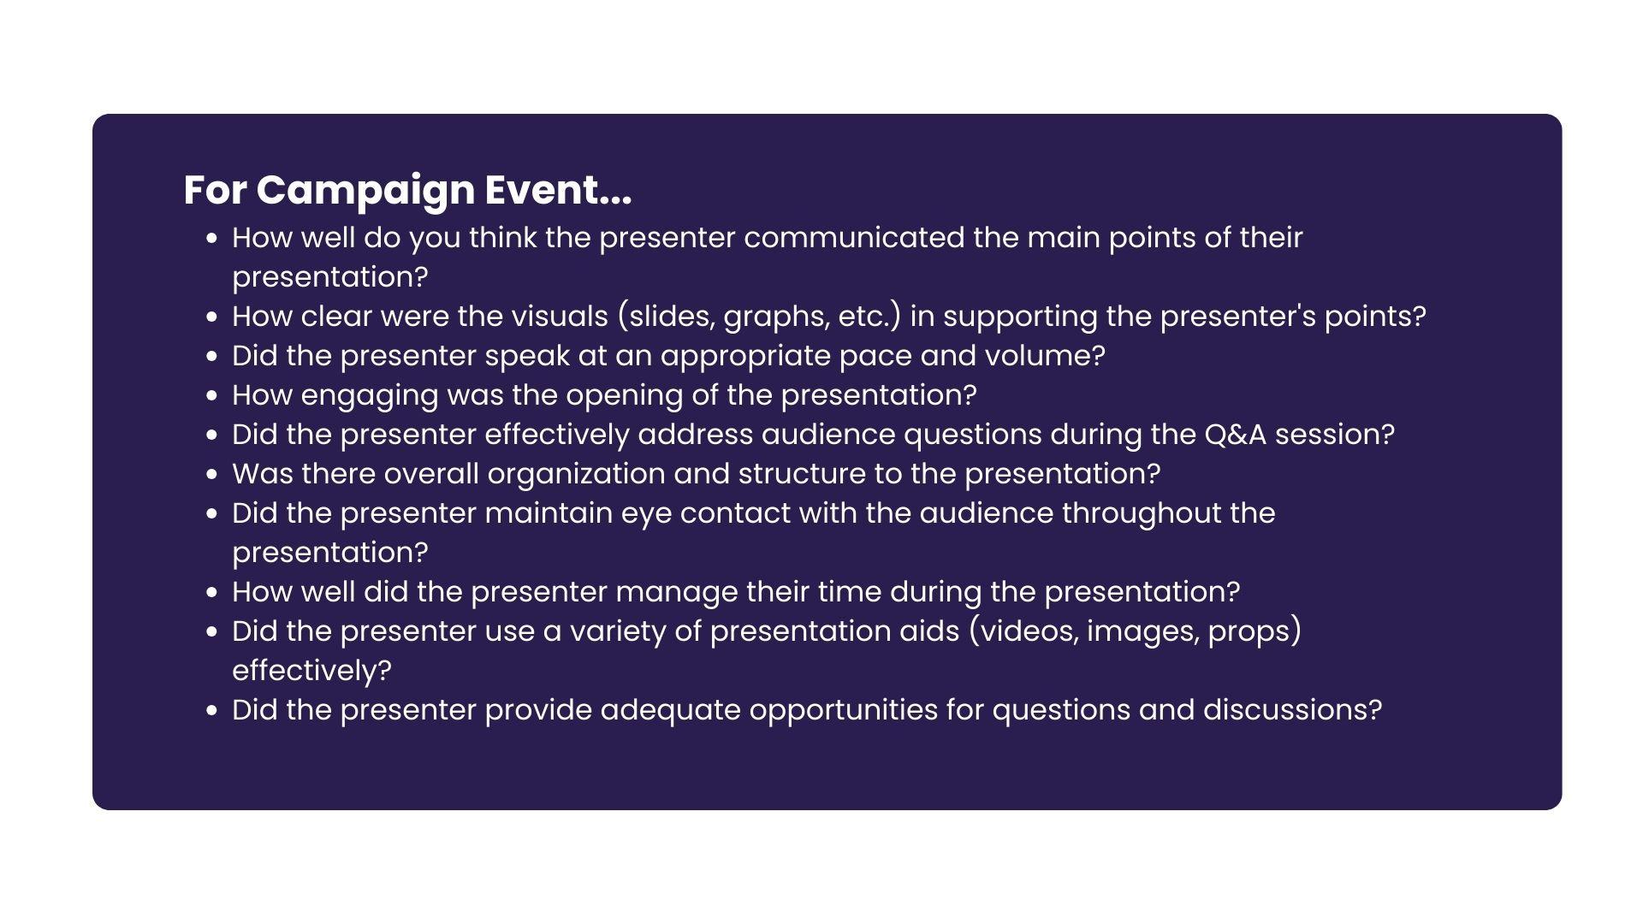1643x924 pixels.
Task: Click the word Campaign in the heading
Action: (365, 191)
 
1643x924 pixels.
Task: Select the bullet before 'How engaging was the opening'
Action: (212, 395)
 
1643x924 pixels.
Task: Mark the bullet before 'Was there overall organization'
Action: (212, 474)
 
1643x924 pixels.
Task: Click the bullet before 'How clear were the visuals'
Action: (212, 317)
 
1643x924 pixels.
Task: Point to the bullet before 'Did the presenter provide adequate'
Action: (212, 710)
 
